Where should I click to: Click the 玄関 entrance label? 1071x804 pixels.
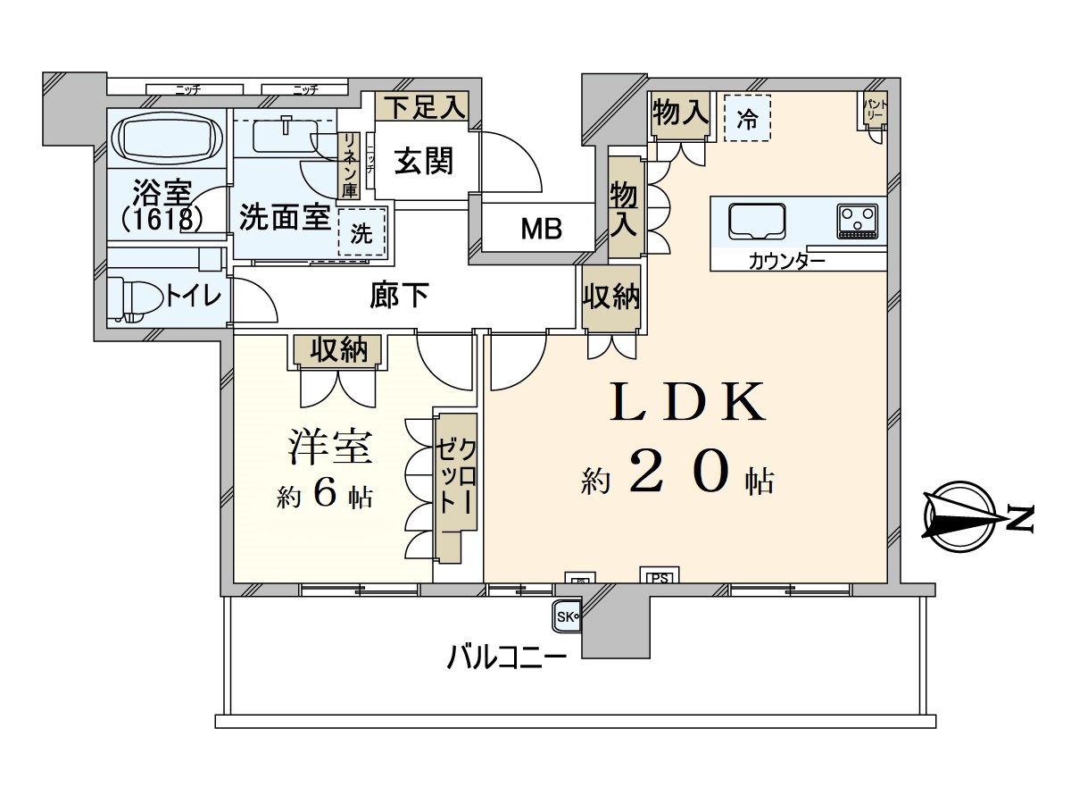424,162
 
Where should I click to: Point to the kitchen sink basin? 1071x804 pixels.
757,222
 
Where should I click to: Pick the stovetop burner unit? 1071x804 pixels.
858,221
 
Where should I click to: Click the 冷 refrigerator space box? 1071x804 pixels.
747,119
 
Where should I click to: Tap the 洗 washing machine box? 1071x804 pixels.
362,233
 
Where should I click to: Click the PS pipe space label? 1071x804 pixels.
659,577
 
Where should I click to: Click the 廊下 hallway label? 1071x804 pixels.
399,295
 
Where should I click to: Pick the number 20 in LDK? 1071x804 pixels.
680,471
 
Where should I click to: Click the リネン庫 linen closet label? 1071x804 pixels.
348,165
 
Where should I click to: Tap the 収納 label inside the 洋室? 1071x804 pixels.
338,350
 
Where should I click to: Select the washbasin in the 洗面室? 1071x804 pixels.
286,135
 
